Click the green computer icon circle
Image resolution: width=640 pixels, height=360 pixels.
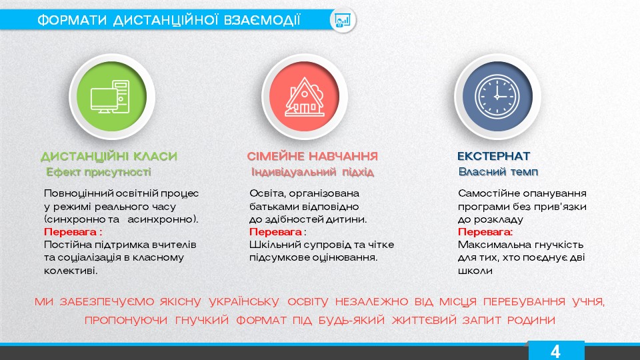tap(111, 96)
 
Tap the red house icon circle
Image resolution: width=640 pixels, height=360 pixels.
tap(304, 96)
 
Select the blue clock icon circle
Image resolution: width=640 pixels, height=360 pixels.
tap(497, 96)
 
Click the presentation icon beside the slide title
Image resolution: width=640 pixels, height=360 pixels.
tap(343, 19)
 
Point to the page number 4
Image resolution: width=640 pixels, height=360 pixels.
tap(555, 351)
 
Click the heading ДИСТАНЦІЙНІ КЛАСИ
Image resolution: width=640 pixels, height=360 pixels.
tap(109, 156)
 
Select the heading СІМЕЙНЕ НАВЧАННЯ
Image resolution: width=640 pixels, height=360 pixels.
tap(312, 156)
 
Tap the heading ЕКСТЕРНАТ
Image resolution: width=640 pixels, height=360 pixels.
tap(493, 156)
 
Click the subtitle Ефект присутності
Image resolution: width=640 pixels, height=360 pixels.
tap(99, 172)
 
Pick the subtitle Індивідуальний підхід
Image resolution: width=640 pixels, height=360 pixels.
tap(312, 172)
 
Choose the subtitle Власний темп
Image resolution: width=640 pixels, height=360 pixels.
tap(498, 172)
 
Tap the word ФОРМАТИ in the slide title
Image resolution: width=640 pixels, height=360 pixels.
tap(72, 20)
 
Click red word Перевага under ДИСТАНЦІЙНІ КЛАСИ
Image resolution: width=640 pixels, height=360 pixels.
tap(70, 232)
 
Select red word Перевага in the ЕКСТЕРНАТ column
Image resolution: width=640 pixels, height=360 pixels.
tap(484, 232)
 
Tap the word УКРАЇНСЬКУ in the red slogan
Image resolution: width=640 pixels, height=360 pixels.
tap(244, 301)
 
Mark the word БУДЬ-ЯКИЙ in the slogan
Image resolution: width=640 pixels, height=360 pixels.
tap(351, 320)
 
